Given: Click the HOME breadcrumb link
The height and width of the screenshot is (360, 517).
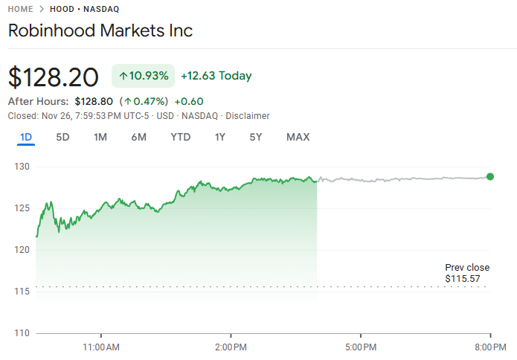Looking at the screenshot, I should click(20, 9).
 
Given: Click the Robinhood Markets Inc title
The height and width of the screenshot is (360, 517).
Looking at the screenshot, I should click(100, 30).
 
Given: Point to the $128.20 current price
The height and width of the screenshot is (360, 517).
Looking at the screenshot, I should click(53, 77).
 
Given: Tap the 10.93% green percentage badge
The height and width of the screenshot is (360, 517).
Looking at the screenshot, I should click(144, 76).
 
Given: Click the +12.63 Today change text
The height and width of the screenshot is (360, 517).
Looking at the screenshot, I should click(216, 76).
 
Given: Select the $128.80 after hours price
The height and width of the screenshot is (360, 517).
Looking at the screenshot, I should click(94, 101).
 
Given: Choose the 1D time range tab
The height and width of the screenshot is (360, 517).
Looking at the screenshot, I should click(26, 137).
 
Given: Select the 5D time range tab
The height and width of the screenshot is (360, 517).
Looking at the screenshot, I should click(63, 137).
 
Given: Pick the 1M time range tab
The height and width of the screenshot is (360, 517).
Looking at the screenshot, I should click(100, 137).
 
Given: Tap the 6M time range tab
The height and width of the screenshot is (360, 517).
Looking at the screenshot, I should click(138, 137).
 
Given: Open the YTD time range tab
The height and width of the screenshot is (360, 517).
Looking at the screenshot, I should click(180, 137).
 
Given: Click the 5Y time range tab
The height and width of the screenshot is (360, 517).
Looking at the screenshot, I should click(256, 137).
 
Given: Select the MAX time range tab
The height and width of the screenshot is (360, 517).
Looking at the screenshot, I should click(298, 137).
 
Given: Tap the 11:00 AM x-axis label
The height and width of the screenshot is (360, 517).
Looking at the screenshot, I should click(101, 347).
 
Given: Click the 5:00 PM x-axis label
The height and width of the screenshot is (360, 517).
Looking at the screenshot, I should click(359, 347).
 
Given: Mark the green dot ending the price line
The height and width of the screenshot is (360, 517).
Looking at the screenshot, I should click(490, 176).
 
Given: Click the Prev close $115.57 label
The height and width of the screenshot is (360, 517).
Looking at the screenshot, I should click(467, 273).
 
